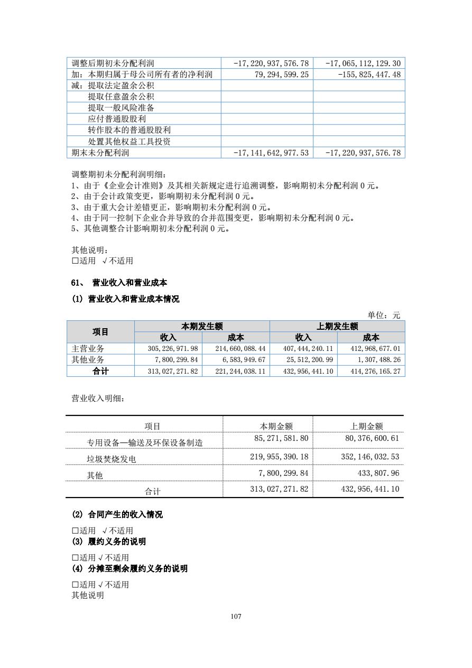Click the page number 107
(x=236, y=617)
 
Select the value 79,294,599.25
(x=281, y=75)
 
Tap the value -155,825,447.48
(x=369, y=75)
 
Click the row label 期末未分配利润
(x=100, y=153)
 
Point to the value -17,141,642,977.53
(x=271, y=153)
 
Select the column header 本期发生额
(x=202, y=327)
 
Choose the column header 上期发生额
(x=337, y=327)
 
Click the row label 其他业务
(x=88, y=360)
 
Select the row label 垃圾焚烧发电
(x=112, y=459)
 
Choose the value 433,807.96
(x=377, y=473)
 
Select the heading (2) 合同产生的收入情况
(x=117, y=514)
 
